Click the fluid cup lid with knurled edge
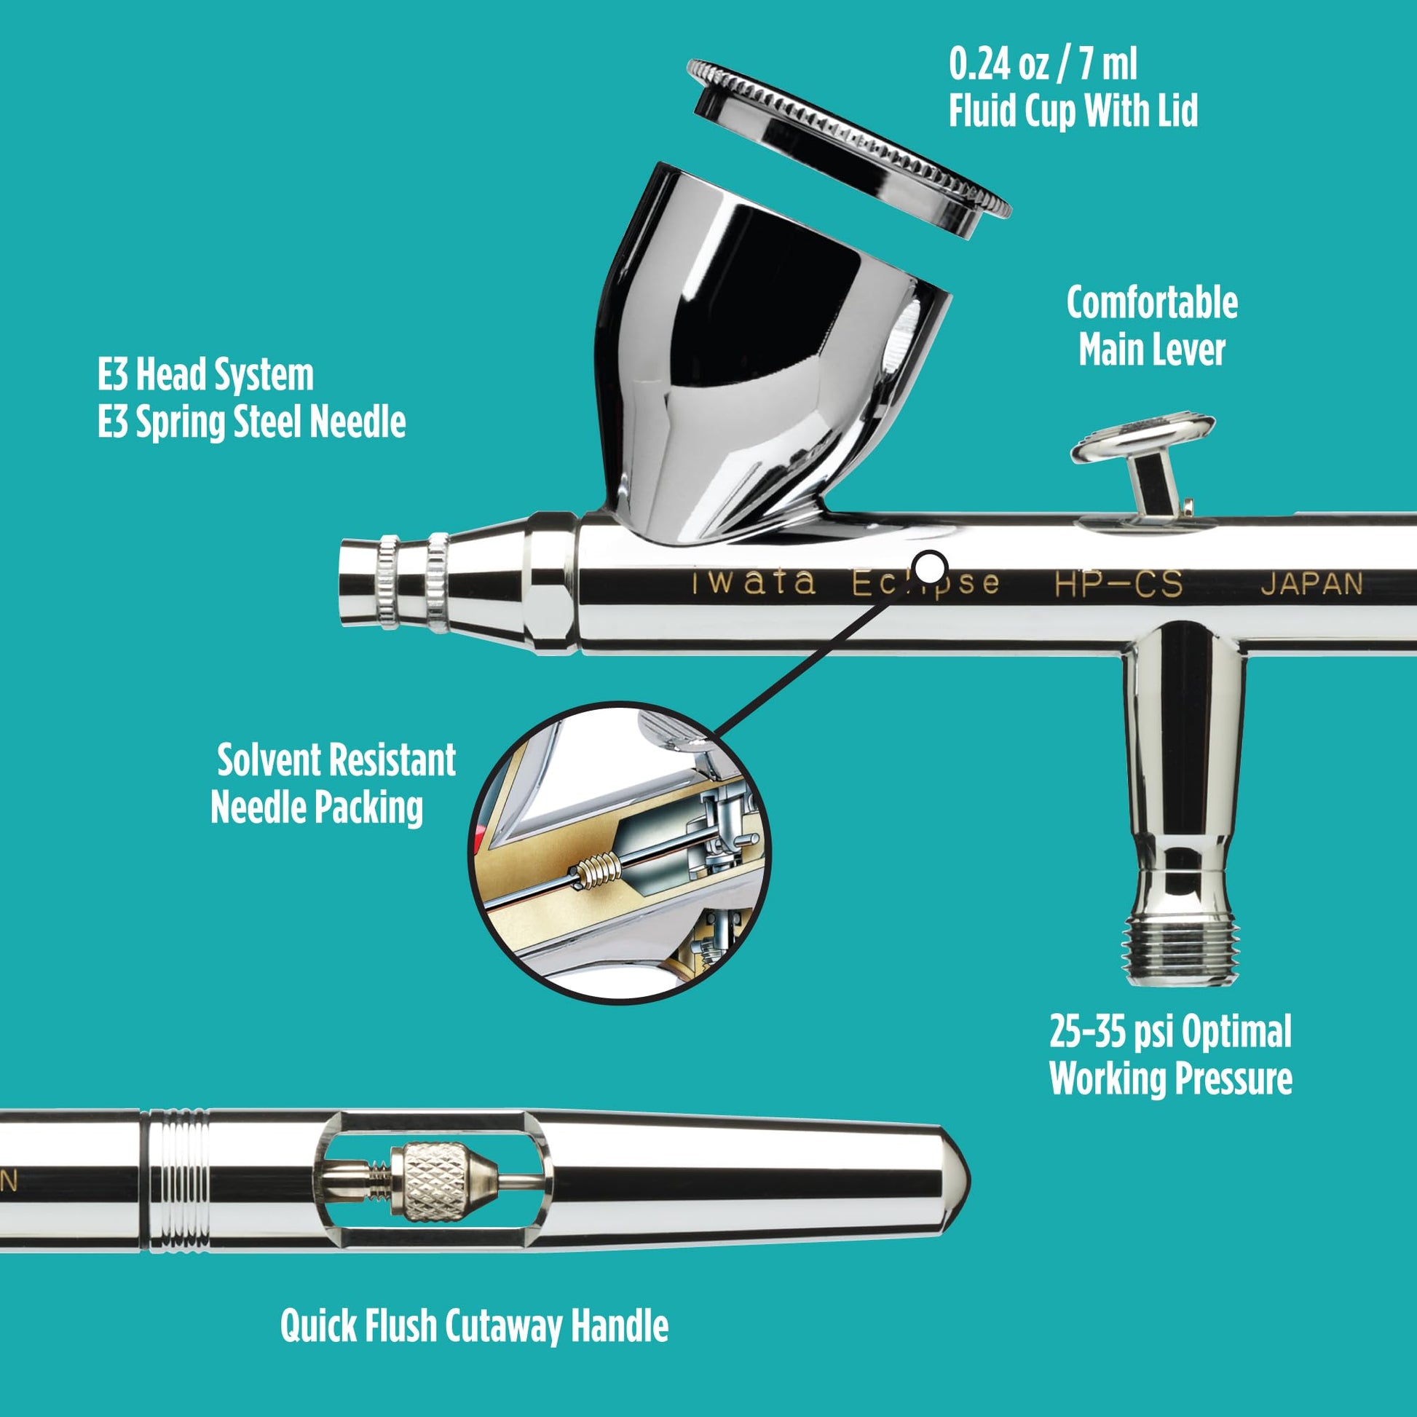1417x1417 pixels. tap(848, 146)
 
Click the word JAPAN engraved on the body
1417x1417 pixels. tap(1311, 585)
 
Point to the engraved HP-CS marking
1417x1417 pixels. tap(1118, 585)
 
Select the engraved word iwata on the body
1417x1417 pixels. tap(753, 583)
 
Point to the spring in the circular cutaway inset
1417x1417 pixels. tap(596, 872)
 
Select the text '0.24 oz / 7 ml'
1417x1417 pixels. tap(1042, 66)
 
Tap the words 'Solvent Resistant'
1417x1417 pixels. tap(336, 760)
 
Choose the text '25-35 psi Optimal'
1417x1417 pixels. tap(1170, 1032)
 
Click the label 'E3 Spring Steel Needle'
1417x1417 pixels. tap(251, 422)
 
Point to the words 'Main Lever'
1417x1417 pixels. tap(1151, 350)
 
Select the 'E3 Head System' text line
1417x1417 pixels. tap(205, 375)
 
